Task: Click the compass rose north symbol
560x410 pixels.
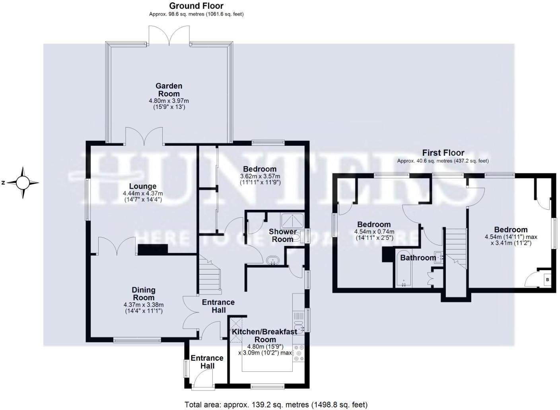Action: coord(23,183)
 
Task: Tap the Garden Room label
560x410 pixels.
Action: coord(169,90)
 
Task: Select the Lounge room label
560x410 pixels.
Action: coord(142,186)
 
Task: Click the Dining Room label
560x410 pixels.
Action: coord(143,294)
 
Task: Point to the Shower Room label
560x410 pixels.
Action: coord(282,235)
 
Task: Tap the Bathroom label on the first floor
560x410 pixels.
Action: coord(418,258)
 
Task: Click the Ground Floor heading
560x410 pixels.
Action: coord(196,6)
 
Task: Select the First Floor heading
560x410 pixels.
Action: coord(443,153)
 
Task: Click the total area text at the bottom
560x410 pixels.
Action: coord(276,404)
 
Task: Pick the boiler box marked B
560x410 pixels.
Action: coord(547,280)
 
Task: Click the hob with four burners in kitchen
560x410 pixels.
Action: coord(298,353)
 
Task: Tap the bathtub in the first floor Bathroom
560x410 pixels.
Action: coord(404,268)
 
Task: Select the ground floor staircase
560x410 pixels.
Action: coord(209,274)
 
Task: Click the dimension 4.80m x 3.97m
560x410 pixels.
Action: coord(169,101)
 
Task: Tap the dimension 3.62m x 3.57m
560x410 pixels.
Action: coord(260,176)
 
